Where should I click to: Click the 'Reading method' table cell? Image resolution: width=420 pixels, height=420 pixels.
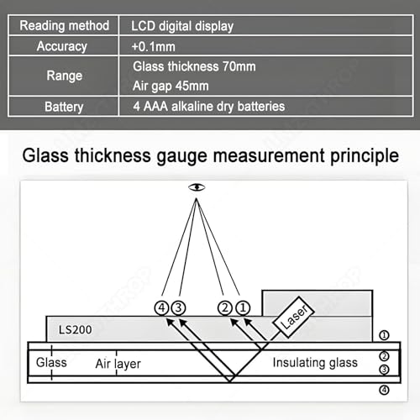pyautogui.click(x=64, y=26)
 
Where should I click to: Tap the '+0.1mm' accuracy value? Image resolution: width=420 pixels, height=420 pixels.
pyautogui.click(x=154, y=46)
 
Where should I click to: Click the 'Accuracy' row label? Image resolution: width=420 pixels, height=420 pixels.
pyautogui.click(x=62, y=46)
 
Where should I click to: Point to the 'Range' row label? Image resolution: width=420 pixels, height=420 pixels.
pyautogui.click(x=65, y=76)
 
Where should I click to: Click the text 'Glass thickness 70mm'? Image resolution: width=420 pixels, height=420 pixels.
pyautogui.click(x=194, y=66)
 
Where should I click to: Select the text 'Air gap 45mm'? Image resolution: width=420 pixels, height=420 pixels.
pyautogui.click(x=171, y=86)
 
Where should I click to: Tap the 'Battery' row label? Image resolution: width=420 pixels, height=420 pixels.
pyautogui.click(x=64, y=107)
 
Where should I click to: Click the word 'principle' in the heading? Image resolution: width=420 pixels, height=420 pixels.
pyautogui.click(x=365, y=156)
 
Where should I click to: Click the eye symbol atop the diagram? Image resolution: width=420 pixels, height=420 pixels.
pyautogui.click(x=197, y=187)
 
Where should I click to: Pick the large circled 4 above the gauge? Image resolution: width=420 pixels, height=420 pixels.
pyautogui.click(x=161, y=308)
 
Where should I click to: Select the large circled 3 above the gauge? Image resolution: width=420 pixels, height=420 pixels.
pyautogui.click(x=178, y=308)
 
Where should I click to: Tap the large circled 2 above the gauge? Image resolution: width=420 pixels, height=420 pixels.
pyautogui.click(x=225, y=308)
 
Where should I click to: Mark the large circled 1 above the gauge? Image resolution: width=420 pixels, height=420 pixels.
pyautogui.click(x=243, y=308)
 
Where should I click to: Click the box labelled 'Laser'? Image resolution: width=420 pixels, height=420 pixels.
pyautogui.click(x=294, y=317)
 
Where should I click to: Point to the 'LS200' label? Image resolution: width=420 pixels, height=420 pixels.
pyautogui.click(x=75, y=329)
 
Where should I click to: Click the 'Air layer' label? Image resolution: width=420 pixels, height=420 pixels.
pyautogui.click(x=118, y=364)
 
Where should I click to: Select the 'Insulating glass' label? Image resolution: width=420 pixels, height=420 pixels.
pyautogui.click(x=315, y=363)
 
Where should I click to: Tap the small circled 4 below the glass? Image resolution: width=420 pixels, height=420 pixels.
pyautogui.click(x=384, y=390)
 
